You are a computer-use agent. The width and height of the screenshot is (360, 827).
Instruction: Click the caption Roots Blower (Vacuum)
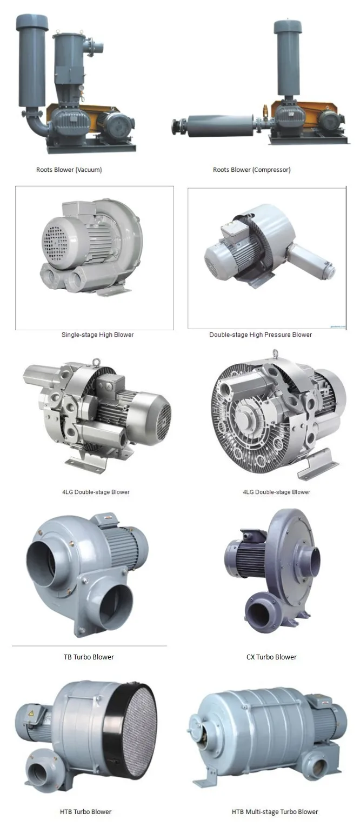click(x=69, y=170)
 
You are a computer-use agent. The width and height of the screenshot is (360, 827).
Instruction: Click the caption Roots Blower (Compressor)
click(x=252, y=170)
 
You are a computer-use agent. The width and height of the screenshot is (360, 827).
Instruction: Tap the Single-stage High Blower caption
click(x=97, y=335)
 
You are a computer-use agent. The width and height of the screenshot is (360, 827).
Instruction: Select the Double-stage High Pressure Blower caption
click(x=261, y=335)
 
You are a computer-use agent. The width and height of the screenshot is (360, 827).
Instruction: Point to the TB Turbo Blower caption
click(x=89, y=657)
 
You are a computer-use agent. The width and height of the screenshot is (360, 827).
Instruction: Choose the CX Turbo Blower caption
click(x=271, y=657)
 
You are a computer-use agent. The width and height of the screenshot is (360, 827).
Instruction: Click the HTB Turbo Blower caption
click(x=85, y=811)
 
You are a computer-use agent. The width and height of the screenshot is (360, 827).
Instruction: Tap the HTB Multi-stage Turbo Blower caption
click(x=275, y=811)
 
